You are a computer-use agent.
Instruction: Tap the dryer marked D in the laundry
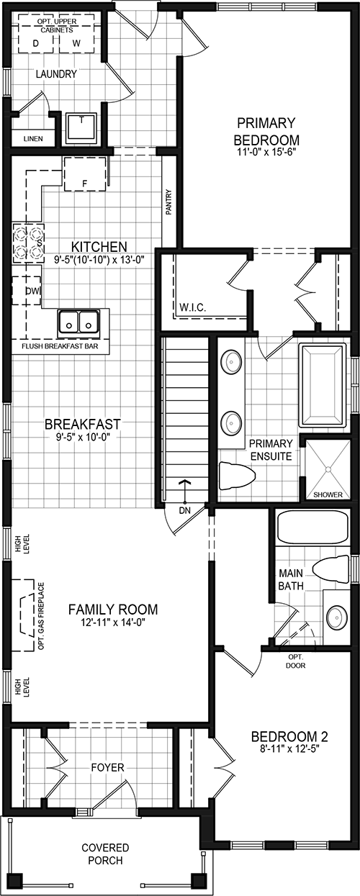[36, 42]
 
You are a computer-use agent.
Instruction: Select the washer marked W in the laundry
[76, 42]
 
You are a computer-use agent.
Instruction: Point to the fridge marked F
[85, 175]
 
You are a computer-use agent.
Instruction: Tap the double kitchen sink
[78, 323]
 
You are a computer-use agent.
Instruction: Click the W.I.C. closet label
[193, 307]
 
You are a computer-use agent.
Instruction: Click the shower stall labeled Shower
[327, 466]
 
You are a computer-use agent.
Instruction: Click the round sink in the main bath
[336, 617]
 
